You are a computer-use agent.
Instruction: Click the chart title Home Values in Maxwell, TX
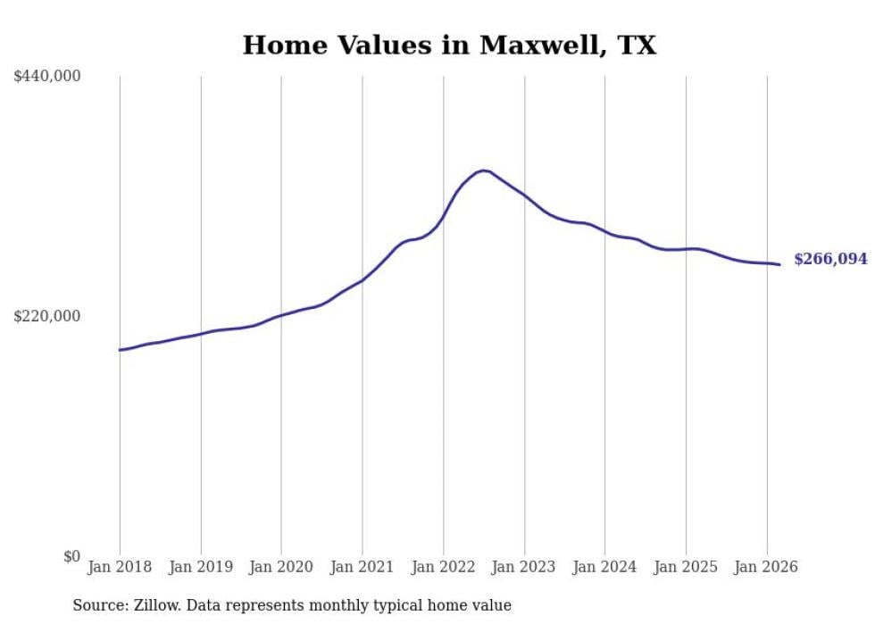click(x=449, y=46)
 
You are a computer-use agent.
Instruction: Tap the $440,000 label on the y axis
click(x=47, y=77)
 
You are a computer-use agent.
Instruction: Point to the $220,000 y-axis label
click(x=47, y=316)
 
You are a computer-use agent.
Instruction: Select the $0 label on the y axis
click(x=71, y=556)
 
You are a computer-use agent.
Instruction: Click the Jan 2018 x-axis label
click(x=120, y=567)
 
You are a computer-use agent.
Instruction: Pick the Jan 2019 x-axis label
click(x=201, y=567)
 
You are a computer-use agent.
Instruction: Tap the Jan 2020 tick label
click(x=281, y=567)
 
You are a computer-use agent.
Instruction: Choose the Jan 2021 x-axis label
click(x=362, y=567)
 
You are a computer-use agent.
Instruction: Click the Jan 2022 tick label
click(x=443, y=567)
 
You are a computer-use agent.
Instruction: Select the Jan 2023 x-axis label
click(x=524, y=567)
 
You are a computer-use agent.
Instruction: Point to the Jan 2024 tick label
click(x=604, y=567)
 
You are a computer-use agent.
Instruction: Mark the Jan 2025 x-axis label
click(x=686, y=567)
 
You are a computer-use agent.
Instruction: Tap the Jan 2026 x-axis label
click(x=766, y=567)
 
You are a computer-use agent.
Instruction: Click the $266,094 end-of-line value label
click(x=830, y=260)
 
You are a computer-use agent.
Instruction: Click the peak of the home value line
click(x=484, y=170)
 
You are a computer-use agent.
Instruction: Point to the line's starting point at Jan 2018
click(x=120, y=350)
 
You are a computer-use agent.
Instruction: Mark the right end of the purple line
click(x=779, y=264)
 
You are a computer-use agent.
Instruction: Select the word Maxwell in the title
click(x=532, y=46)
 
